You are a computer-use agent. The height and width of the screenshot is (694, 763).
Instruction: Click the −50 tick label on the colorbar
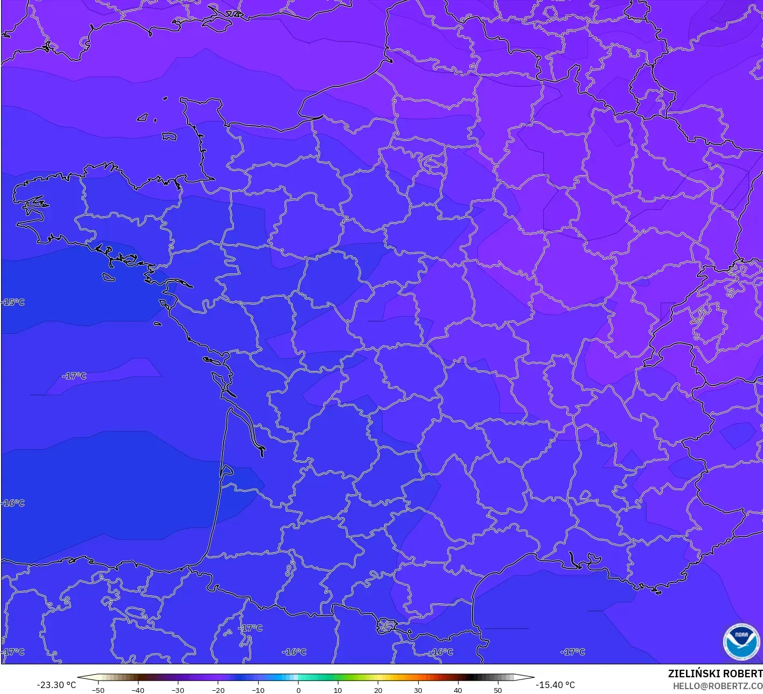click(x=98, y=690)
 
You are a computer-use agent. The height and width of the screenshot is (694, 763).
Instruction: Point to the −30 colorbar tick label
click(x=177, y=690)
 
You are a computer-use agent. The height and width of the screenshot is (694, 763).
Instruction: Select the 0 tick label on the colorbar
click(x=298, y=690)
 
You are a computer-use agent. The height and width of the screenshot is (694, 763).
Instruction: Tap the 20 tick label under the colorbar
click(x=378, y=690)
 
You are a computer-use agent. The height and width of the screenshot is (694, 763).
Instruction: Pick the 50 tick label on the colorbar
click(x=497, y=690)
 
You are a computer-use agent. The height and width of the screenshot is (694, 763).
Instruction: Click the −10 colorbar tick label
click(x=258, y=690)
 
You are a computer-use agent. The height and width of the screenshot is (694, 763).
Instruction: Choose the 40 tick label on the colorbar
click(x=457, y=690)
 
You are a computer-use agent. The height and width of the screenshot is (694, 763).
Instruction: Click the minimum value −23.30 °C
click(x=56, y=685)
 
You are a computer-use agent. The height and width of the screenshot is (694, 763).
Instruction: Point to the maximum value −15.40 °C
click(x=556, y=685)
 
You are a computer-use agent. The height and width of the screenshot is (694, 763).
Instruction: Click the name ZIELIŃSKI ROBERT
click(x=715, y=674)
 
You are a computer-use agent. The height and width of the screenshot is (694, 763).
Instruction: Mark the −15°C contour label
click(x=13, y=302)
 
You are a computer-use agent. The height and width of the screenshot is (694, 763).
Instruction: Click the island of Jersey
click(x=170, y=136)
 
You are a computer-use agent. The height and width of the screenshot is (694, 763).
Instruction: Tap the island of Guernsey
click(x=142, y=117)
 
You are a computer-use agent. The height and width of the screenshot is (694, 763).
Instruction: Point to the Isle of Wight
click(x=217, y=23)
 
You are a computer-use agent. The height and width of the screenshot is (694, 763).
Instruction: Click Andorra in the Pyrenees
click(x=387, y=627)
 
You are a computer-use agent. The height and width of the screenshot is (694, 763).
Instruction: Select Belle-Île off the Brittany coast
click(x=109, y=277)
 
